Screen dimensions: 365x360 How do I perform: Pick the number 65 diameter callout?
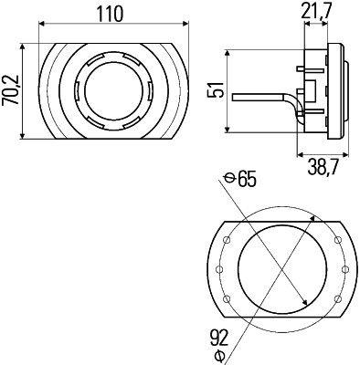click(246, 179)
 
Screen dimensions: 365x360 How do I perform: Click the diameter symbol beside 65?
click(228, 179)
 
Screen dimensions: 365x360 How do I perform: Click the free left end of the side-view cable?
click(233, 95)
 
